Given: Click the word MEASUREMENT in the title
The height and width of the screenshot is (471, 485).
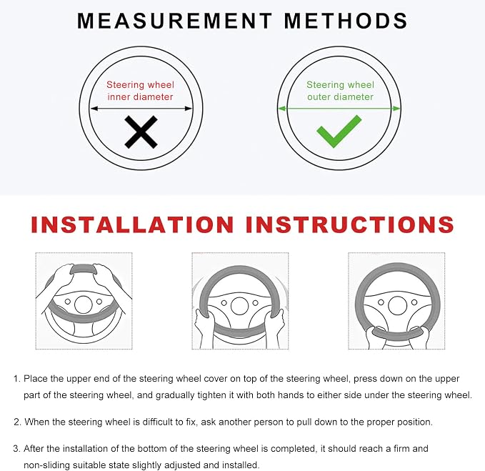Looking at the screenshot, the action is (175, 21).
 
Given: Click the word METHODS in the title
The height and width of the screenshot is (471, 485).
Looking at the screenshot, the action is (346, 21).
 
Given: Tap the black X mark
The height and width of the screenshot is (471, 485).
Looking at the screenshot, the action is (141, 132).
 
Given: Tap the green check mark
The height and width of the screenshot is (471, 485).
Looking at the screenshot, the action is (339, 132).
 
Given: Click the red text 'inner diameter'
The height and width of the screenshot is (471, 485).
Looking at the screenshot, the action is (140, 97).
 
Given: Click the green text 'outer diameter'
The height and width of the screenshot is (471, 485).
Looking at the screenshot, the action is (340, 97).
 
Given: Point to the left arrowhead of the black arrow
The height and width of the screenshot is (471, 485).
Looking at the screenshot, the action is (94, 109).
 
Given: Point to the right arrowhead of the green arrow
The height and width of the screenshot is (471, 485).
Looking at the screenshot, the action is (396, 109).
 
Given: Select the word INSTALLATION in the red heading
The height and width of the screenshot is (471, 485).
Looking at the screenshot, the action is (132, 224).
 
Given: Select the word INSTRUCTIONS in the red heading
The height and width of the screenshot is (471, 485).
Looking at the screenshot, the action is (350, 224).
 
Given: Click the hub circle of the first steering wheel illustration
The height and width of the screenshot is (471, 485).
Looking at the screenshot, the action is (84, 304).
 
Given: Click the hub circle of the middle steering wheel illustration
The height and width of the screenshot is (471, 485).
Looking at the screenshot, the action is (240, 306).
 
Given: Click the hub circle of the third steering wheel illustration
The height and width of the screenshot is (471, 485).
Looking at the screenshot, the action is (397, 305).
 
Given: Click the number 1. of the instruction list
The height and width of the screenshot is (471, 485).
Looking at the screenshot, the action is (17, 379).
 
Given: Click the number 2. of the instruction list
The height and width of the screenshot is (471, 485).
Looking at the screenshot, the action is (18, 422).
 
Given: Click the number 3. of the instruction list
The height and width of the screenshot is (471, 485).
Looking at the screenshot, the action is (17, 448).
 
